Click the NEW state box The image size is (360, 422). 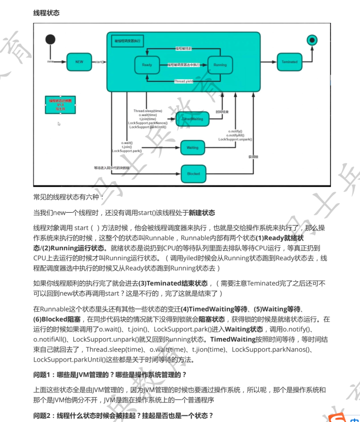79,62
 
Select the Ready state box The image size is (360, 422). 147,65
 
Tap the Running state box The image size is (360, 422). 220,65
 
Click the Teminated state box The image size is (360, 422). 289,62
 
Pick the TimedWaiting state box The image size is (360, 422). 192,119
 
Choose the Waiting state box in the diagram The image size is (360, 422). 192,148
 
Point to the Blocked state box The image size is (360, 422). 193,174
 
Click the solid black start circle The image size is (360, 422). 49,39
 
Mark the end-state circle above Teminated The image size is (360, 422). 312,39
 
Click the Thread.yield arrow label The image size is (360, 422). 183,81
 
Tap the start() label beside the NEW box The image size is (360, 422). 99,62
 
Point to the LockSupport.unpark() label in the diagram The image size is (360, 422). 235,139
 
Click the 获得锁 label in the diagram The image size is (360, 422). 253,157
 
